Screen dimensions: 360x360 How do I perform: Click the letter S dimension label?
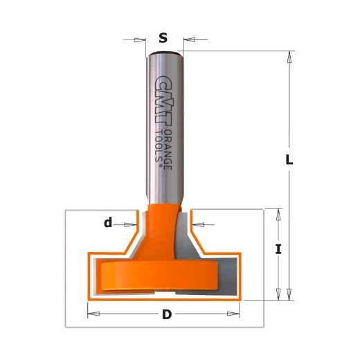point(163,38)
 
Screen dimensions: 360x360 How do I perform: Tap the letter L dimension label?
point(289,159)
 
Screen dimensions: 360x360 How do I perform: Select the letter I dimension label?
point(278,249)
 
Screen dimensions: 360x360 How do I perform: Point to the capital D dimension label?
point(167,314)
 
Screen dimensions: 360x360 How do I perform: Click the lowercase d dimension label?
point(108,223)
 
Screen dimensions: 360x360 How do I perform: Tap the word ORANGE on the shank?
point(168,150)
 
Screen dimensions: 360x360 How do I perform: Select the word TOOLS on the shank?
point(159,146)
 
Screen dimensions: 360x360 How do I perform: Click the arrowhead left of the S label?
point(140,40)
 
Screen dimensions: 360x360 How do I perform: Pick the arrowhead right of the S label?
point(189,39)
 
